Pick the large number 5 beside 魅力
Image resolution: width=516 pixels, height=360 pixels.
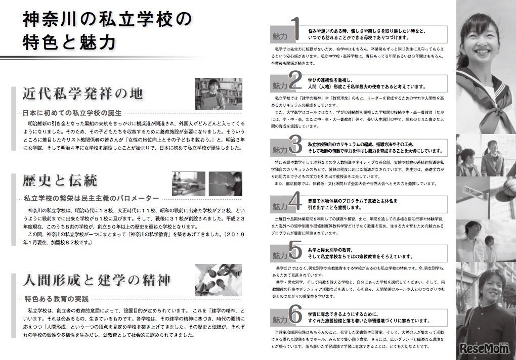295,249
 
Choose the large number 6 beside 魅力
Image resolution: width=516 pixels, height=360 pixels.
295,314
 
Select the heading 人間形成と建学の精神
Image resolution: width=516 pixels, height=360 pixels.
96,280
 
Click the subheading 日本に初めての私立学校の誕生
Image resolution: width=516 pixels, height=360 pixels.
73,113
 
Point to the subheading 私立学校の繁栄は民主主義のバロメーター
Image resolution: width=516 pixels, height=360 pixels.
91,198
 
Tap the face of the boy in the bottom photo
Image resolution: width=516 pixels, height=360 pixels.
491,288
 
